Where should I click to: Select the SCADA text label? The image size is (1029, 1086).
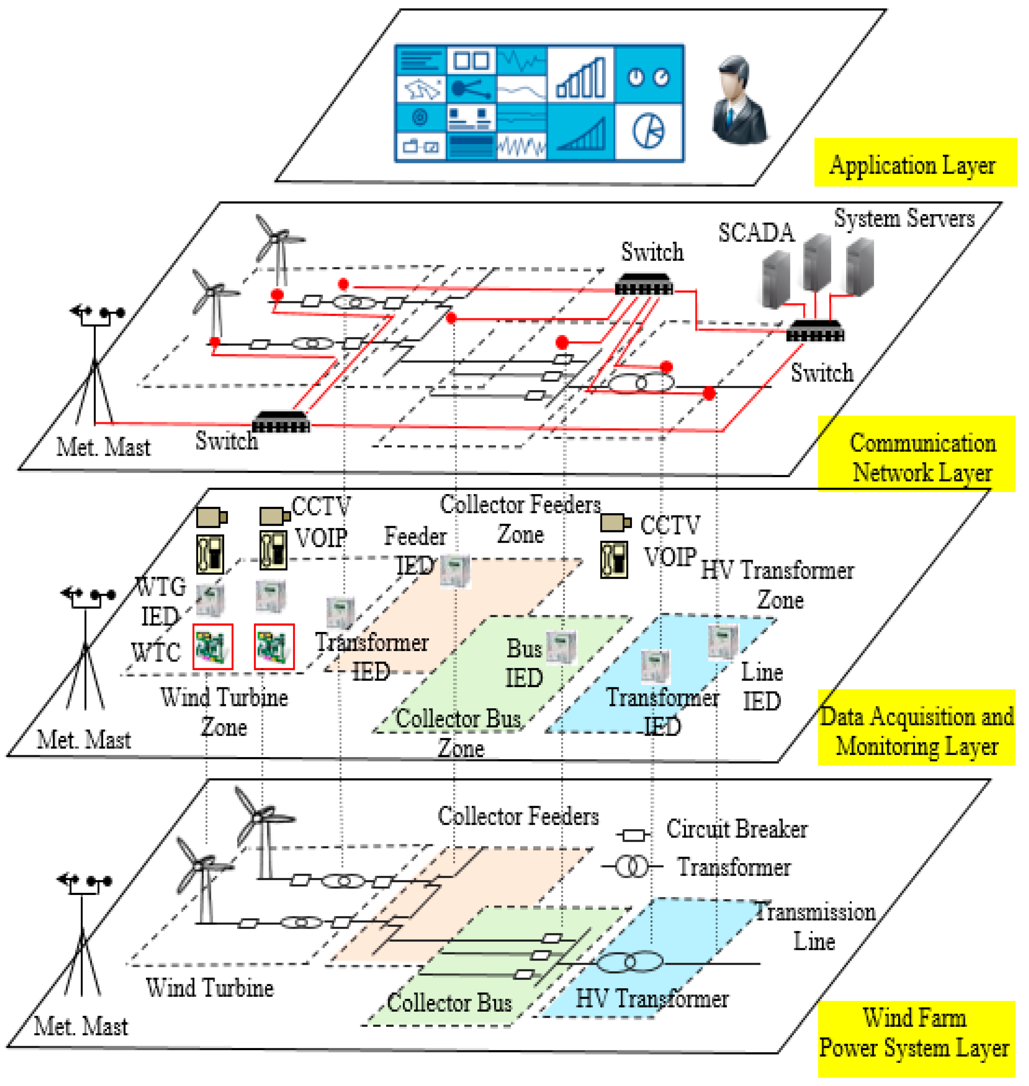pyautogui.click(x=756, y=233)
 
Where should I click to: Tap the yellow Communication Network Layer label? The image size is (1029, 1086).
pyautogui.click(x=916, y=454)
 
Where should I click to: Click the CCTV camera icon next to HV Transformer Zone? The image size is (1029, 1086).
pyautogui.click(x=615, y=523)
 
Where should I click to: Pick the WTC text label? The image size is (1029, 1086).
pyautogui.click(x=156, y=653)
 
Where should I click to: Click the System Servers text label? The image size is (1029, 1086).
pyautogui.click(x=904, y=218)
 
